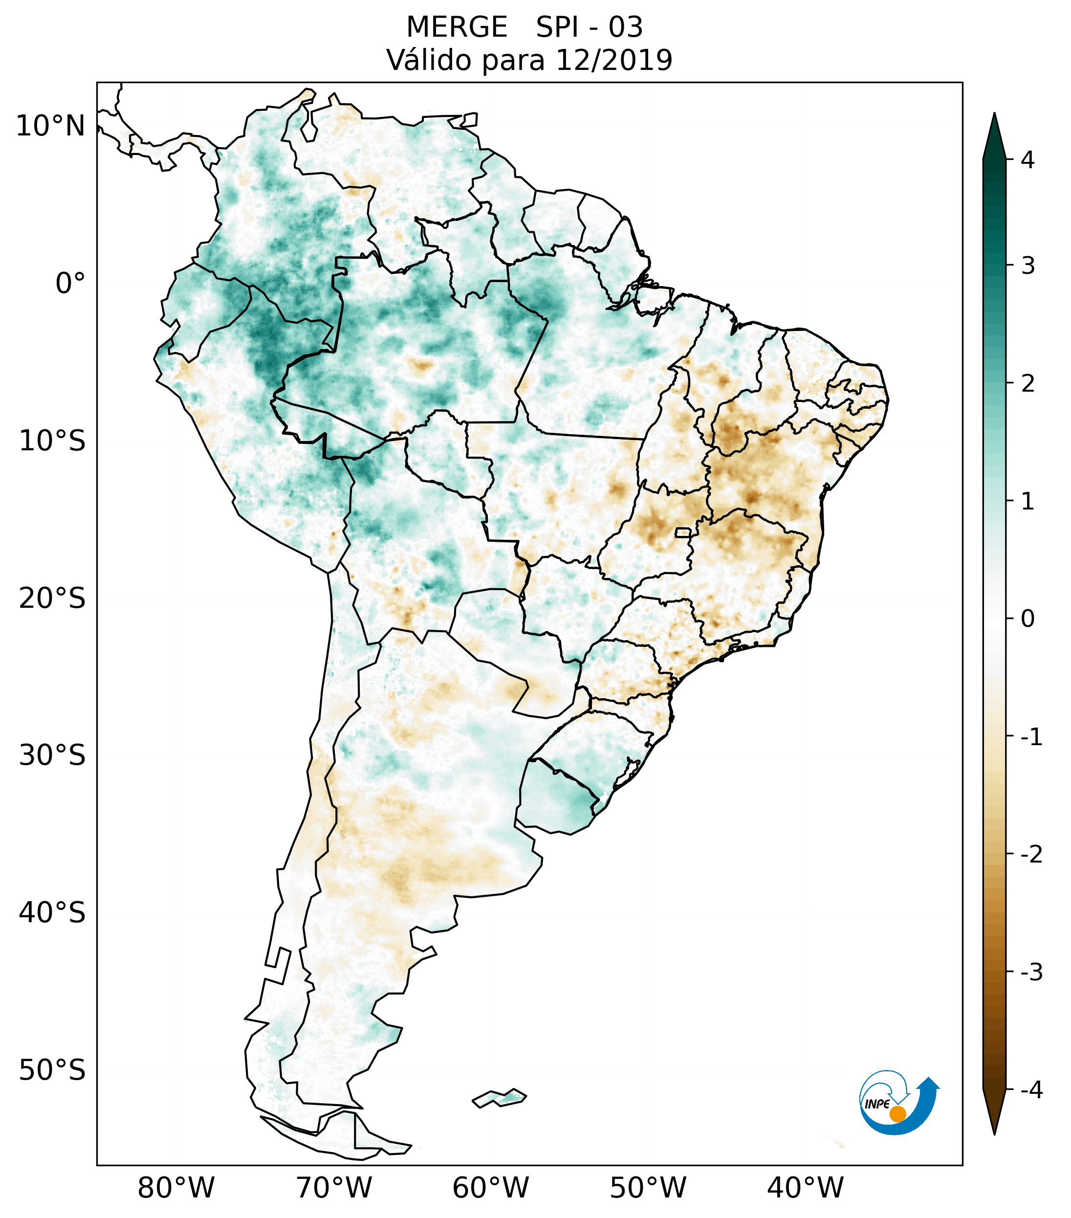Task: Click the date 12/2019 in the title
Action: point(613,60)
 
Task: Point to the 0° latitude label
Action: point(70,284)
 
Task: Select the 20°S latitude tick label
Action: point(52,598)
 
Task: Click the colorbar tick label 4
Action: point(1027,160)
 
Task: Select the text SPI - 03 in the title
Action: point(589,27)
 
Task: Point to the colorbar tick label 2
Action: point(1027,384)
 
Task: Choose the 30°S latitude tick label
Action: point(52,755)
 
